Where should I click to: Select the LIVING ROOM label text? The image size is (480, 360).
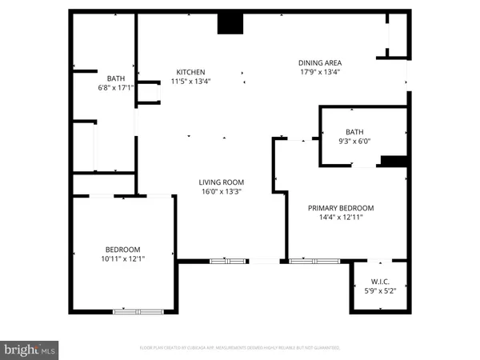221,182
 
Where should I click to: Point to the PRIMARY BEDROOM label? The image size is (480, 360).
341,208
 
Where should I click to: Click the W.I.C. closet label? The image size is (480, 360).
380,281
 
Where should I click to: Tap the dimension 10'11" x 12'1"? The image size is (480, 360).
122,258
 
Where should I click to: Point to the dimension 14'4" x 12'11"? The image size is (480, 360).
341,217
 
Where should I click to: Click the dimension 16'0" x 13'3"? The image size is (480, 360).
221,191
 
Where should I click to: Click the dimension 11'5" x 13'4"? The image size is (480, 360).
188,81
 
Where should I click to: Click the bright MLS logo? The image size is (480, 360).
30,349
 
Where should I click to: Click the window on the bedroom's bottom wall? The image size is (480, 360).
138,311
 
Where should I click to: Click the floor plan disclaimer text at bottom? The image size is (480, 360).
240,349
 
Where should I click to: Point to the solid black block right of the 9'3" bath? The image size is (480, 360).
392,162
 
